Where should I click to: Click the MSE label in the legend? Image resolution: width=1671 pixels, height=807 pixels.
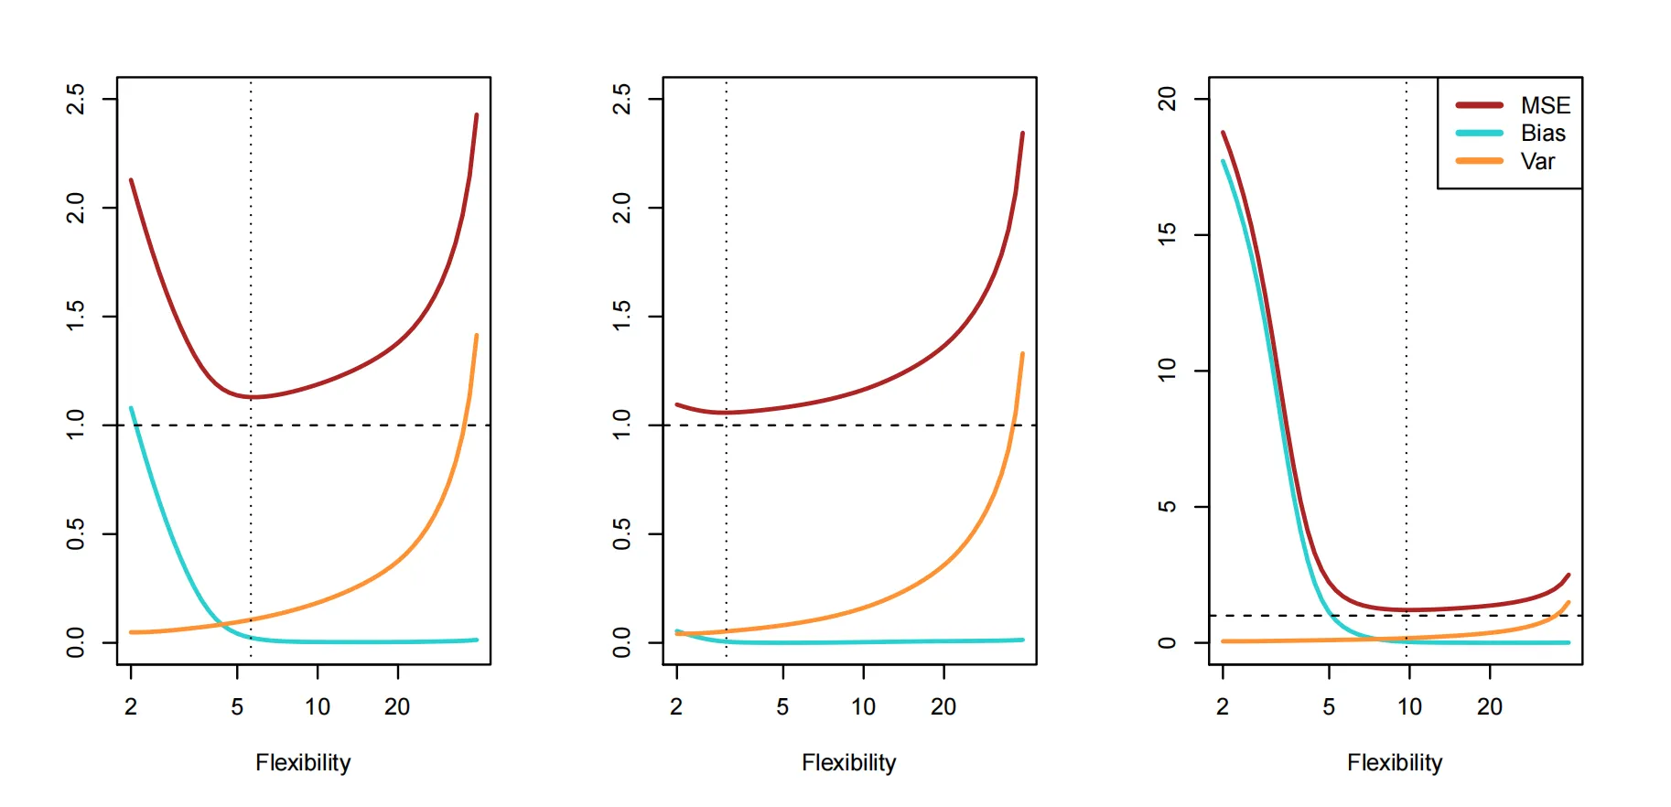pyautogui.click(x=1546, y=105)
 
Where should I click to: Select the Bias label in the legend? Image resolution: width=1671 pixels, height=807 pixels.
pyautogui.click(x=1543, y=134)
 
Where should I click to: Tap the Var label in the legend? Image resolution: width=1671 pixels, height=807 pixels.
pyautogui.click(x=1537, y=162)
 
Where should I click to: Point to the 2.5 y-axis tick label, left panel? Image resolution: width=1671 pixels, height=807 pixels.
pyautogui.click(x=76, y=99)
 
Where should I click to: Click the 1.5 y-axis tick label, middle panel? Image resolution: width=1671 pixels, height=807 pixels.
pyautogui.click(x=621, y=317)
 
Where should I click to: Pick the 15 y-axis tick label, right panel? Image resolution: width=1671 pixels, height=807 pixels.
pyautogui.click(x=1167, y=234)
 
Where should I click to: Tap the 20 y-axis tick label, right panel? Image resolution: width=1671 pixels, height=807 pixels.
pyautogui.click(x=1167, y=99)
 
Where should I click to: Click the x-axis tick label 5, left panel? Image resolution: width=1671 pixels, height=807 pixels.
pyautogui.click(x=237, y=706)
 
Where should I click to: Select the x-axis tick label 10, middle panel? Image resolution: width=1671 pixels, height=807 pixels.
pyautogui.click(x=863, y=706)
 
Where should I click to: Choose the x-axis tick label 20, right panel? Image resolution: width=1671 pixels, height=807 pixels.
pyautogui.click(x=1490, y=706)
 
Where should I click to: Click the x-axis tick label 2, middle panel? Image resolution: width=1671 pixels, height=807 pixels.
pyautogui.click(x=676, y=706)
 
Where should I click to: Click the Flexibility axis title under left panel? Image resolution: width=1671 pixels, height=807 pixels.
pyautogui.click(x=303, y=763)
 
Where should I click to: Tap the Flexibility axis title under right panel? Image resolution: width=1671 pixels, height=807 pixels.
pyautogui.click(x=1395, y=763)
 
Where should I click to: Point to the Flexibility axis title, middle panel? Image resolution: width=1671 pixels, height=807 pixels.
pyautogui.click(x=849, y=763)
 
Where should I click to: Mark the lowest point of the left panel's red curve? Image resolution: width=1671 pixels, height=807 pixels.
pyautogui.click(x=251, y=397)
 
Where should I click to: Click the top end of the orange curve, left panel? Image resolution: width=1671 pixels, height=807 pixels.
pyautogui.click(x=477, y=336)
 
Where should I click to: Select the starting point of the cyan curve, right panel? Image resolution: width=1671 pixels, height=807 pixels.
pyautogui.click(x=1224, y=162)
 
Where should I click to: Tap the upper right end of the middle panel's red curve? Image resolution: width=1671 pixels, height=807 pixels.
pyautogui.click(x=1022, y=134)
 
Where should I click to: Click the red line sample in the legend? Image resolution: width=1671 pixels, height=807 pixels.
pyautogui.click(x=1479, y=105)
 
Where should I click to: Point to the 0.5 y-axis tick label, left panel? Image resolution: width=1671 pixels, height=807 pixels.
pyautogui.click(x=76, y=533)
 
